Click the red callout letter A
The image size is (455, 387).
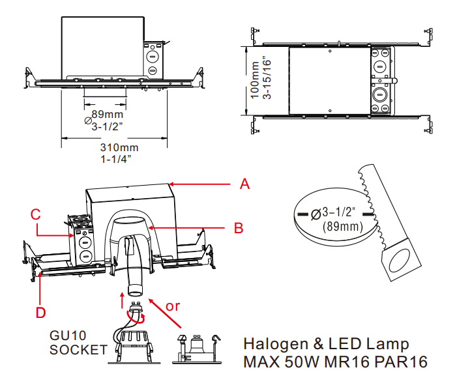tap(244, 184)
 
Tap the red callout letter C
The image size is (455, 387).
tap(37, 214)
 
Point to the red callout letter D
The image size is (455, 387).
tap(41, 312)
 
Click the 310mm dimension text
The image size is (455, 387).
tap(115, 147)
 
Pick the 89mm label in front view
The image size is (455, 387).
tap(106, 114)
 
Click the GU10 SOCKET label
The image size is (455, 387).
tap(78, 343)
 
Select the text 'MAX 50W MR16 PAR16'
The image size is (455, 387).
tap(335, 362)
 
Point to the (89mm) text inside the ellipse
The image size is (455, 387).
tap(342, 227)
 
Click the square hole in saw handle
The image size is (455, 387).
tap(397, 264)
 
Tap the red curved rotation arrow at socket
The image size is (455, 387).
tap(138, 315)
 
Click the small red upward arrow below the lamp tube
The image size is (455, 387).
tap(122, 300)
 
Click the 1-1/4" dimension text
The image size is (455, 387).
tap(116, 158)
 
